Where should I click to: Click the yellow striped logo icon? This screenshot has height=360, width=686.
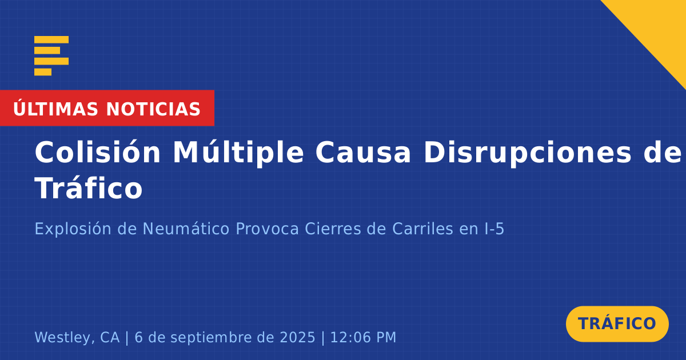tap(51, 56)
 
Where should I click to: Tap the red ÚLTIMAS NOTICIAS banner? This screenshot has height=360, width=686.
tap(107, 108)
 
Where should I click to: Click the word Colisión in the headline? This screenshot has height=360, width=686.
tap(97, 153)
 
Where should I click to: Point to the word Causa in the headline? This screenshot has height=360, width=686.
tap(363, 153)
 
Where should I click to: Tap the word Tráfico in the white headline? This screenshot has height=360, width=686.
tap(89, 188)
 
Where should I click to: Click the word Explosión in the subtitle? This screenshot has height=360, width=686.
tap(73, 229)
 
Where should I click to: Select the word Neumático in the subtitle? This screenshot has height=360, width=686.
tap(186, 229)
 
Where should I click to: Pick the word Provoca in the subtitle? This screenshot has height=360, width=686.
tap(267, 229)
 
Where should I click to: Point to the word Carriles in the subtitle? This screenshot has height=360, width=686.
tap(422, 229)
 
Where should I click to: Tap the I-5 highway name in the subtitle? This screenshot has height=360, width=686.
tap(494, 229)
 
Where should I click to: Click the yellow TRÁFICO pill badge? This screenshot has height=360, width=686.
tap(617, 324)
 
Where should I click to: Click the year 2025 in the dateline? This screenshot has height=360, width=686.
tap(297, 337)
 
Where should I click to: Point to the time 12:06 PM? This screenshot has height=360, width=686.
tap(363, 337)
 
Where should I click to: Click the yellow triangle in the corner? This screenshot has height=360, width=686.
tap(661, 27)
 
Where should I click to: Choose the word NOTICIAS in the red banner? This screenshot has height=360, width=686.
tap(153, 109)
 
